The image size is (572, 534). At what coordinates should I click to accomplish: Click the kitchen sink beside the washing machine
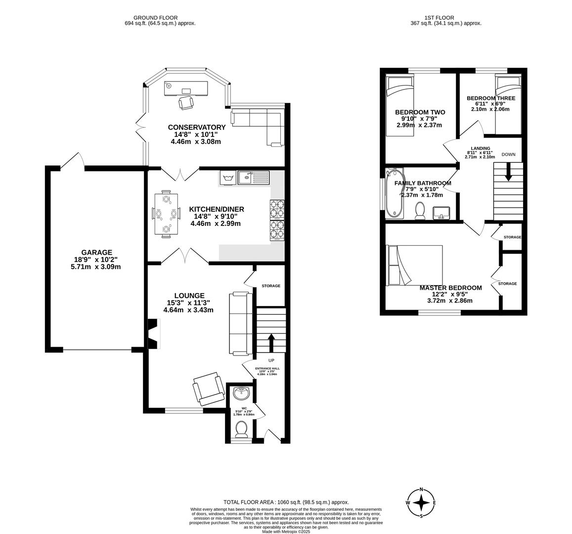tap(253, 177)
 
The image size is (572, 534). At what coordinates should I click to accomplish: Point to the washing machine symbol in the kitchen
tap(227, 178)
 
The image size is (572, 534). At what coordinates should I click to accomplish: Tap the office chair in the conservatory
tap(186, 102)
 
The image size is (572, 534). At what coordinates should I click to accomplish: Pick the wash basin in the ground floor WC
tap(242, 393)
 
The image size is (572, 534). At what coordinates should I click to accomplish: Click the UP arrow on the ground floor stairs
tap(271, 342)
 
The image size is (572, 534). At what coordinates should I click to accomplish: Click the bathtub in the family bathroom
tap(395, 193)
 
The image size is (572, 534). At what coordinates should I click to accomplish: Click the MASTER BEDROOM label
tap(450, 288)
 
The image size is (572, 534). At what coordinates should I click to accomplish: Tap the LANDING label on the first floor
tap(480, 148)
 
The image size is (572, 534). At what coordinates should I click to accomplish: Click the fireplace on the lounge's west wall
tap(154, 334)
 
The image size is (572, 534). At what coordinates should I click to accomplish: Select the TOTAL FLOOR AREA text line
tap(286, 501)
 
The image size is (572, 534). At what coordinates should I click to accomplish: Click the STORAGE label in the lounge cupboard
tap(271, 286)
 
